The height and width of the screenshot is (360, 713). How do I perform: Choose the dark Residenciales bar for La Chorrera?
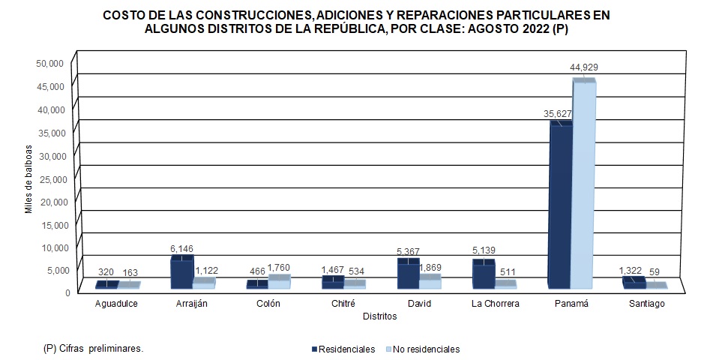(483, 275)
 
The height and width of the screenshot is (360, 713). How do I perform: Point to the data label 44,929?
(584, 67)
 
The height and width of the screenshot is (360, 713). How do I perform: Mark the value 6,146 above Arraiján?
(181, 248)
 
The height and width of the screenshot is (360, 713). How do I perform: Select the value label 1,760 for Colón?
(280, 268)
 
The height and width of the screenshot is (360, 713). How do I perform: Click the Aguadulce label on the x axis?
(118, 304)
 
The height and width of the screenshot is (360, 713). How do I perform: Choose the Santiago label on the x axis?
(646, 304)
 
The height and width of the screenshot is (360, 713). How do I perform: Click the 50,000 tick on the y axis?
(50, 64)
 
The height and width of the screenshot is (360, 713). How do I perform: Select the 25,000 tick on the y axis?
(50, 178)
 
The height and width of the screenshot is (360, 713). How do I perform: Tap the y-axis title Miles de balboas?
(29, 178)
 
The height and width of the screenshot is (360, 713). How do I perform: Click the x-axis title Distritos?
(379, 316)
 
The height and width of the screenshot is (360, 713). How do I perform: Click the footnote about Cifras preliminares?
(94, 349)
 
